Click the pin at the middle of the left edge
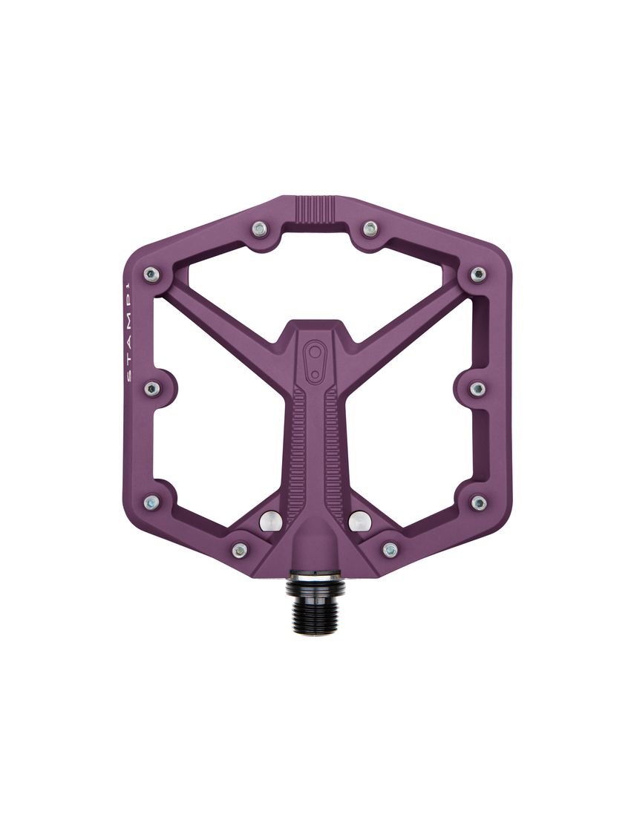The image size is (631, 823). [x=152, y=387]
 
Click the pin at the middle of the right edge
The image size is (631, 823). [x=478, y=387]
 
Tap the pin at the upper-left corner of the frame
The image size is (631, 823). [x=152, y=273]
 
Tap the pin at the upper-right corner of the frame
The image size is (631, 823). [x=478, y=273]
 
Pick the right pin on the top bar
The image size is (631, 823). [x=370, y=229]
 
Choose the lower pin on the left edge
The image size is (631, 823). [x=152, y=502]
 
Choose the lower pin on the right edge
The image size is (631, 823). [x=478, y=502]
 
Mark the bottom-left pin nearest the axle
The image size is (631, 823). [x=239, y=549]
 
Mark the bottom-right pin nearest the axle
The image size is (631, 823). [x=390, y=549]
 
